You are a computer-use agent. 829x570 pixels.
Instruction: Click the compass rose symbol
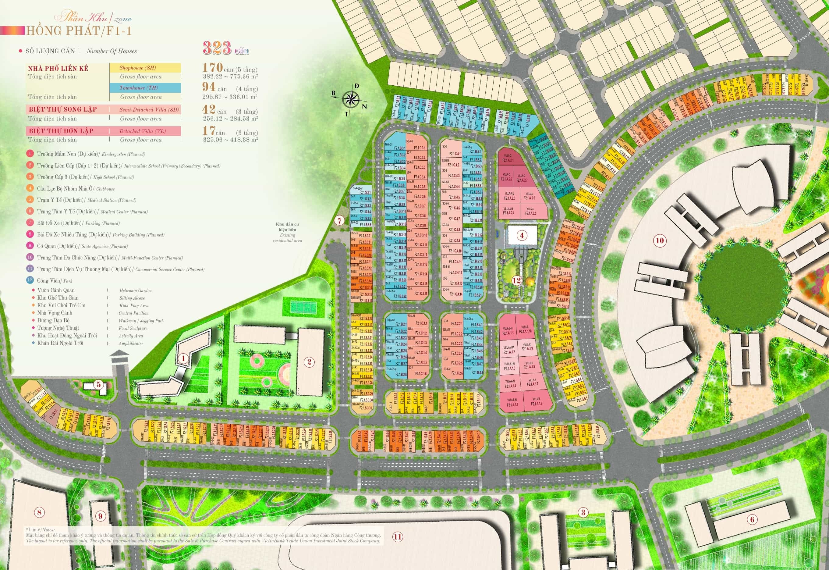click(x=351, y=99)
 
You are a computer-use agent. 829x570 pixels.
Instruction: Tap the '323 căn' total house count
click(x=225, y=48)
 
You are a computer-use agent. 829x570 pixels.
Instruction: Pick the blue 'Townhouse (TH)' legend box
click(x=145, y=88)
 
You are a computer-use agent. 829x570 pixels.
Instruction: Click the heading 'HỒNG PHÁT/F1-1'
click(x=79, y=31)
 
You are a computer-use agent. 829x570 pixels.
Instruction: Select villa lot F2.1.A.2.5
click(x=530, y=211)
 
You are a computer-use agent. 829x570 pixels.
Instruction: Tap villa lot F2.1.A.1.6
click(x=537, y=401)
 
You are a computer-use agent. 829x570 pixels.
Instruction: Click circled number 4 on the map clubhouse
click(x=522, y=235)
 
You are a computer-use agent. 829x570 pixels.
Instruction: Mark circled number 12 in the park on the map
click(x=516, y=280)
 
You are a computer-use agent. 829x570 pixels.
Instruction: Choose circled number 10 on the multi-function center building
click(x=660, y=240)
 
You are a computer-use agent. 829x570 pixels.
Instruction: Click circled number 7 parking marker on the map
click(x=339, y=221)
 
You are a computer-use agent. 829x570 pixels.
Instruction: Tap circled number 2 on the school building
click(x=309, y=362)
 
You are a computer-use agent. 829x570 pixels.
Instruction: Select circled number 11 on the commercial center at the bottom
click(x=398, y=536)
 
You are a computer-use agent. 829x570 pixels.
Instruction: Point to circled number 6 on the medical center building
click(x=752, y=519)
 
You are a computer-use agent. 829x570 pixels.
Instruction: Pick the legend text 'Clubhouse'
click(x=105, y=189)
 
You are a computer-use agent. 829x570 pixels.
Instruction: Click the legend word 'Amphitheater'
click(x=131, y=344)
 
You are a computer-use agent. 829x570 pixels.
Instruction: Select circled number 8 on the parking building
click(x=39, y=512)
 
